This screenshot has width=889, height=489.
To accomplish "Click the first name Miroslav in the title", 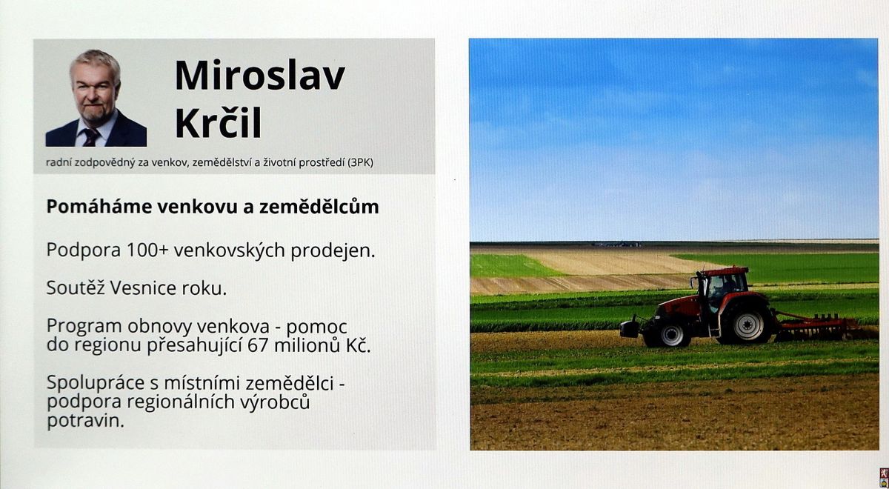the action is tap(260, 76).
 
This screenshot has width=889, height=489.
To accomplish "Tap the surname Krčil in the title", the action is tap(219, 122).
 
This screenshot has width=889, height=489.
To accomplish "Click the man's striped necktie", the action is tap(91, 137).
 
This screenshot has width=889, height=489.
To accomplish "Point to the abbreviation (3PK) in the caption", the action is tap(360, 163).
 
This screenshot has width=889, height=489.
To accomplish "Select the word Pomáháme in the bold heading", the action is tap(99, 207).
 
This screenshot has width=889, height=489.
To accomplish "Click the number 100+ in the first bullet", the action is tap(147, 250).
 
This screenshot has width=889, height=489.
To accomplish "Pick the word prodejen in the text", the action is tap(333, 251).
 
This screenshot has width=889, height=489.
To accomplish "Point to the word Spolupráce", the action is tap(93, 384).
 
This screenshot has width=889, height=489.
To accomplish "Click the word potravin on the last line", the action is tap(85, 421).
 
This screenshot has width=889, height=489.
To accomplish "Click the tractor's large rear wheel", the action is tap(748, 325).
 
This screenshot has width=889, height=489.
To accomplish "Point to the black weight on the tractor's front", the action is tap(630, 329).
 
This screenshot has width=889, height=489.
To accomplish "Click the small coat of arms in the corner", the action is tap(884, 478).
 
